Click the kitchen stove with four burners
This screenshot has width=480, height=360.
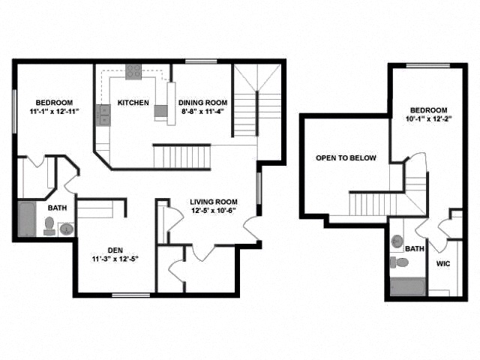click(x=133, y=72)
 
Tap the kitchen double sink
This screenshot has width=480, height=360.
click(x=103, y=115)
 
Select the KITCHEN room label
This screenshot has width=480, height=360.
click(x=133, y=103)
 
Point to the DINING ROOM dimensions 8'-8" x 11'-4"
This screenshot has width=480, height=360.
click(x=203, y=112)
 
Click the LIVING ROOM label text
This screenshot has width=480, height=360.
click(x=214, y=202)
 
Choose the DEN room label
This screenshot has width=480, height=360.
click(x=115, y=250)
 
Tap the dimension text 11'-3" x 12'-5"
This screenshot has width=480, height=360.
click(x=115, y=259)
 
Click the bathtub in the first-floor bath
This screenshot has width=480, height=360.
click(x=27, y=219)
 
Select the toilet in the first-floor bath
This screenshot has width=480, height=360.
click(x=49, y=226)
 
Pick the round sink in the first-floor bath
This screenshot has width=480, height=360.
click(x=67, y=229)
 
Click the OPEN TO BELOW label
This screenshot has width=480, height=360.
click(x=346, y=158)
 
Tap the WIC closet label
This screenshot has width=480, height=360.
click(x=443, y=263)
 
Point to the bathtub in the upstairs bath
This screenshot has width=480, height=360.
click(x=408, y=286)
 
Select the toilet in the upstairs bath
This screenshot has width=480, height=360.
click(x=399, y=262)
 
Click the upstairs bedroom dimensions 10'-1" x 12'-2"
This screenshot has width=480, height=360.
click(x=429, y=119)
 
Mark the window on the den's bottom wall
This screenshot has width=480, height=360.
click(x=130, y=295)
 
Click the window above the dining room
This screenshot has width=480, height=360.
click(x=201, y=61)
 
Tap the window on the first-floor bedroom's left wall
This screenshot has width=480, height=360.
click(x=14, y=111)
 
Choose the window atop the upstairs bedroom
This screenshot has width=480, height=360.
click(x=428, y=65)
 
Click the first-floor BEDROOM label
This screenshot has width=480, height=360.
click(x=54, y=103)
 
